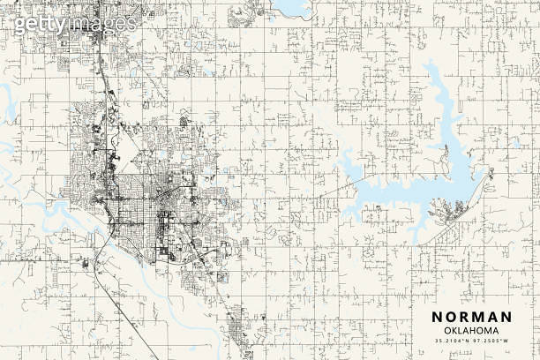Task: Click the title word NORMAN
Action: [x=471, y=318]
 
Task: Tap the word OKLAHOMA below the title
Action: [x=471, y=331]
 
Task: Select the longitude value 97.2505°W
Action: [x=491, y=341]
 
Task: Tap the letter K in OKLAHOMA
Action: [x=447, y=331]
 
